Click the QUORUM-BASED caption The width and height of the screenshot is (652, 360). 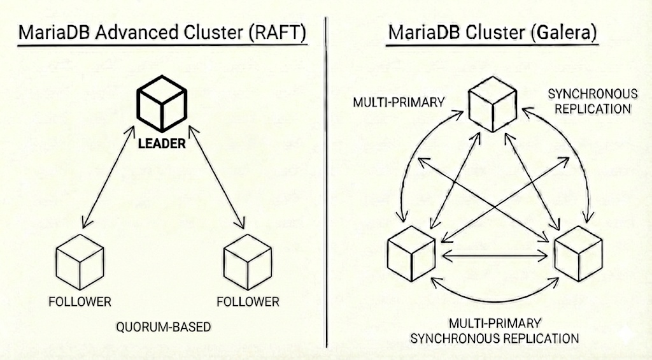pos(163,327)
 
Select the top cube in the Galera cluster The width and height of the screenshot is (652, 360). pos(492,107)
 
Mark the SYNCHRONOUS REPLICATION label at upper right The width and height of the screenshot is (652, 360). pos(592,101)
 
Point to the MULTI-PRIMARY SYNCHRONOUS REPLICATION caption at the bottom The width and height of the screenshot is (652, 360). pos(495,330)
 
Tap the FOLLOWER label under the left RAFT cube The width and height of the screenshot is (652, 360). pos(80,301)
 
